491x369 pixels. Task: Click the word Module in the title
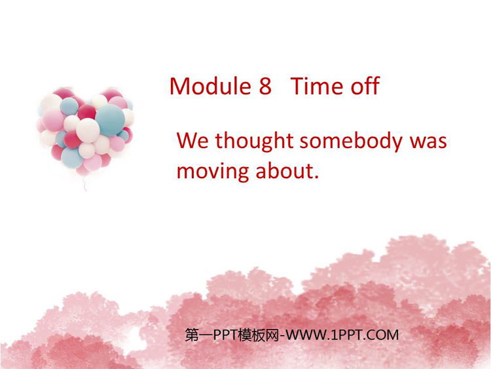pyautogui.click(x=210, y=86)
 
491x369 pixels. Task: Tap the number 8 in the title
pyautogui.click(x=265, y=87)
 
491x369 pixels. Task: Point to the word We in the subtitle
pyautogui.click(x=192, y=140)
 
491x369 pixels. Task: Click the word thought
pyautogui.click(x=254, y=142)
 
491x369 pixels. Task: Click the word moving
pyautogui.click(x=213, y=172)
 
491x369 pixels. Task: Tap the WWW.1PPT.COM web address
pyautogui.click(x=342, y=335)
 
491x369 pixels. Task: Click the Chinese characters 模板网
pyautogui.click(x=258, y=335)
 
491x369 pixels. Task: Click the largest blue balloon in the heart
pyautogui.click(x=110, y=120)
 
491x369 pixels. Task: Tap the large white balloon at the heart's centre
pyautogui.click(x=88, y=130)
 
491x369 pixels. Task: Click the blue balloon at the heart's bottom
pyautogui.click(x=72, y=158)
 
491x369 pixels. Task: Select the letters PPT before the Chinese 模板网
pyautogui.click(x=225, y=335)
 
